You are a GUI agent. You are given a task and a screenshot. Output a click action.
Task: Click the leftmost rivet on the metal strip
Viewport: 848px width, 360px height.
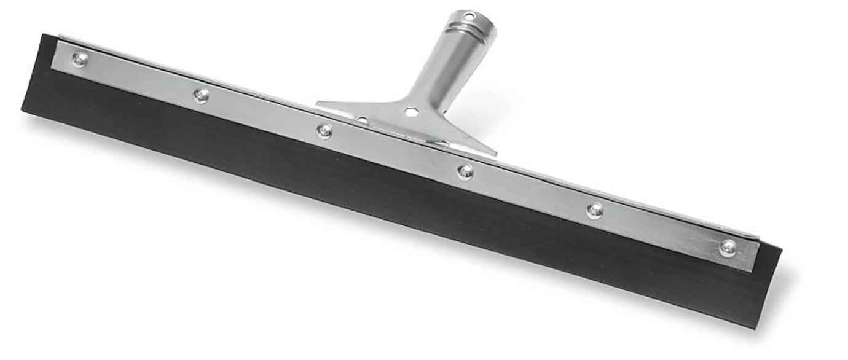pyautogui.click(x=80, y=59)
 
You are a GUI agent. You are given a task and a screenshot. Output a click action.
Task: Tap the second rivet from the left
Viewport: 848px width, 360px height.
pyautogui.click(x=201, y=95)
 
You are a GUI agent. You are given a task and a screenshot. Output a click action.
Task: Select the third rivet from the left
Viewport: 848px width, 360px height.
pyautogui.click(x=324, y=131)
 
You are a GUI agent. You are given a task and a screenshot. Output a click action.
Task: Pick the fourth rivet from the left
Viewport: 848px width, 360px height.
pyautogui.click(x=465, y=172)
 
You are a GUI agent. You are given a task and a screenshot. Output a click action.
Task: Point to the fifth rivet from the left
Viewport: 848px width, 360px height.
pyautogui.click(x=594, y=210)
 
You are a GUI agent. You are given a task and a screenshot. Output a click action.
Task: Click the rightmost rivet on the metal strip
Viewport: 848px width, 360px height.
pyautogui.click(x=728, y=248)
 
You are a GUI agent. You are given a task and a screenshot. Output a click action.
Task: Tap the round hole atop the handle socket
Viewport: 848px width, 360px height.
pyautogui.click(x=469, y=15)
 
